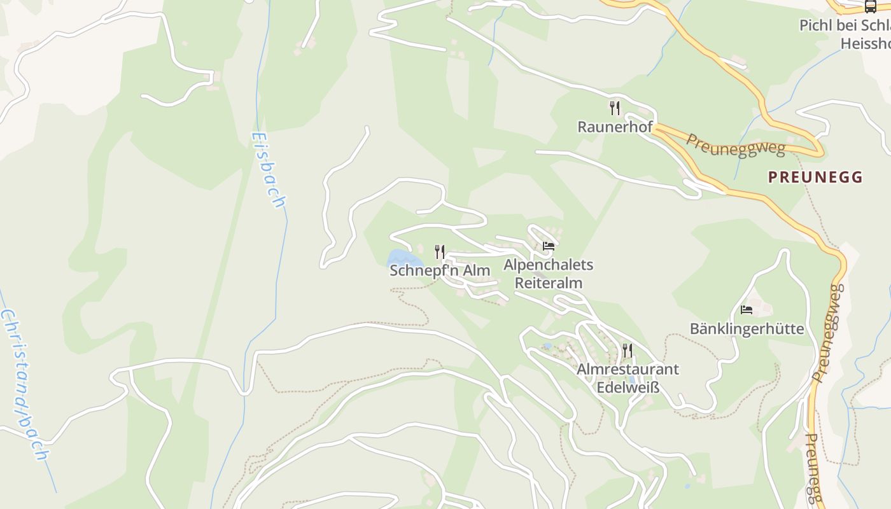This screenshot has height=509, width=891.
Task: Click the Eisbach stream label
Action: (x=268, y=170)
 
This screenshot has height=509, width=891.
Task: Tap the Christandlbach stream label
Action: (x=24, y=385)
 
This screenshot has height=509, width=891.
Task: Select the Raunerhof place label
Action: (x=615, y=127)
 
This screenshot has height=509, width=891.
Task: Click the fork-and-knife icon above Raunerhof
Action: (x=615, y=108)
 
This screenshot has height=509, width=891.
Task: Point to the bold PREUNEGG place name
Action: (x=815, y=177)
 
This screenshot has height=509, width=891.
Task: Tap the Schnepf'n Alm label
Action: (x=440, y=270)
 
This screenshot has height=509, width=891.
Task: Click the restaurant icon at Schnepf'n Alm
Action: (x=440, y=252)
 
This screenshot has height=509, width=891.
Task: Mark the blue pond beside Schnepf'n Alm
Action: (x=403, y=259)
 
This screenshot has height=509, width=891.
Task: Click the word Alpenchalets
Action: (x=549, y=265)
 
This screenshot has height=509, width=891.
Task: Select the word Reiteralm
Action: (x=549, y=282)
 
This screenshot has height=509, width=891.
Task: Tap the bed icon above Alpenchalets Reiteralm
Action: (x=549, y=246)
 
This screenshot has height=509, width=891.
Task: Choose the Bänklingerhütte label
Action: (x=747, y=329)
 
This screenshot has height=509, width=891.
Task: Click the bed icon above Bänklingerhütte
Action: (x=747, y=310)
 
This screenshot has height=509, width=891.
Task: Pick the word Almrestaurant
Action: (x=628, y=369)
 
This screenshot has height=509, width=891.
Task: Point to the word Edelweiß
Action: (x=628, y=387)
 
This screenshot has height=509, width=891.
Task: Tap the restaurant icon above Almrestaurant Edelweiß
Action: (x=628, y=350)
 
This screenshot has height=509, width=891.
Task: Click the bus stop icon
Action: (x=870, y=6)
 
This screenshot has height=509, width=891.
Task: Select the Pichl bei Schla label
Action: (x=845, y=25)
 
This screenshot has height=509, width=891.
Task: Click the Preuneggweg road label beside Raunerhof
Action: (x=735, y=144)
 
